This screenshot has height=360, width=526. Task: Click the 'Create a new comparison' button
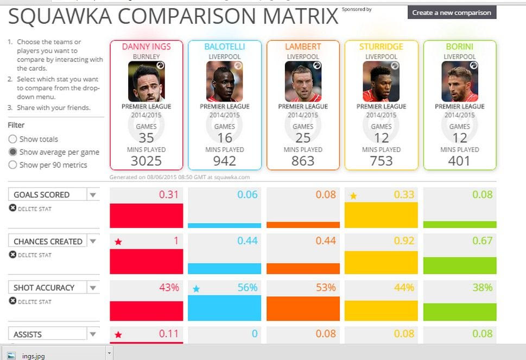pyautogui.click(x=452, y=12)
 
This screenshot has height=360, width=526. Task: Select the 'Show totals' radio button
pyautogui.click(x=12, y=140)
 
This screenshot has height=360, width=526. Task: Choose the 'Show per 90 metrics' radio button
pyautogui.click(x=12, y=165)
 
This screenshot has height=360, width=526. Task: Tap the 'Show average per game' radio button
pyautogui.click(x=12, y=152)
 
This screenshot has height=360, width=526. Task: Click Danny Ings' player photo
pyautogui.click(x=146, y=81)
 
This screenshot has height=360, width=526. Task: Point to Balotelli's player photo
pyautogui.click(x=224, y=81)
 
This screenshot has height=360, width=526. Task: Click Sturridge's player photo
pyautogui.click(x=381, y=81)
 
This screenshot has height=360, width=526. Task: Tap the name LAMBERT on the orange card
pyautogui.click(x=303, y=47)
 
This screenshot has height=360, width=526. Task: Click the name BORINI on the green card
pyautogui.click(x=459, y=47)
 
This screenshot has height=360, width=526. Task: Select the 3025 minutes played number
pyautogui.click(x=146, y=161)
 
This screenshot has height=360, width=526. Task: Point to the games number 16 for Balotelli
pyautogui.click(x=225, y=138)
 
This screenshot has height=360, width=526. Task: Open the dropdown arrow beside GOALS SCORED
pyautogui.click(x=93, y=195)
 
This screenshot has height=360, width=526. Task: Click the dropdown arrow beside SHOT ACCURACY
pyautogui.click(x=93, y=288)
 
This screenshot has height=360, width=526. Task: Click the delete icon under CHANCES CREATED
pyautogui.click(x=13, y=254)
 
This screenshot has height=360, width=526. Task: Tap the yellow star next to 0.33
pyautogui.click(x=353, y=196)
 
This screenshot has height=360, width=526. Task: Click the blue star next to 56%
pyautogui.click(x=197, y=289)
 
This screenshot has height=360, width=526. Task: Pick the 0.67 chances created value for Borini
pyautogui.click(x=482, y=241)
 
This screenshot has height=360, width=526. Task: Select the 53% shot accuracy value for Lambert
pyautogui.click(x=326, y=287)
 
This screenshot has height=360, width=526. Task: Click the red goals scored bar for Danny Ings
pyautogui.click(x=146, y=216)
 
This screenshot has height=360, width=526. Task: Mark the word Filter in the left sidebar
pyautogui.click(x=16, y=125)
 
